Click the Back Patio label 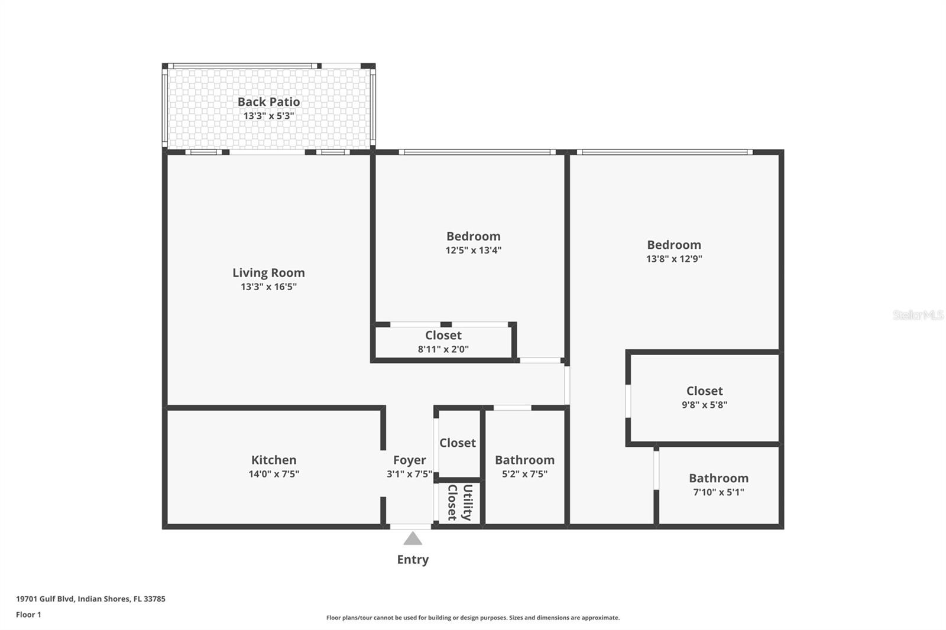pyautogui.click(x=268, y=102)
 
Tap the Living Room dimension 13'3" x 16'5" pyautogui.click(x=268, y=287)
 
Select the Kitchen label pyautogui.click(x=274, y=460)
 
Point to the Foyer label pyautogui.click(x=409, y=460)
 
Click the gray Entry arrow pyautogui.click(x=413, y=538)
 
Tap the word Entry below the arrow pyautogui.click(x=413, y=559)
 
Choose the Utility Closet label pyautogui.click(x=459, y=502)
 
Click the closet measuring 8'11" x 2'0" pyautogui.click(x=443, y=342)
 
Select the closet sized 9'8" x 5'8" pyautogui.click(x=704, y=397)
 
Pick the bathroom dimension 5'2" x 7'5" pyautogui.click(x=524, y=474)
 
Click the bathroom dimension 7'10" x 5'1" pyautogui.click(x=718, y=492)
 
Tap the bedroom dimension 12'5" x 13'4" pyautogui.click(x=473, y=250)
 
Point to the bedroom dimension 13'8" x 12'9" pyautogui.click(x=674, y=258)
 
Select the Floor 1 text pyautogui.click(x=28, y=615)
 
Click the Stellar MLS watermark pyautogui.click(x=918, y=315)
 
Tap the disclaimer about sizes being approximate pyautogui.click(x=473, y=618)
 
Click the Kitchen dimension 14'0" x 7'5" pyautogui.click(x=274, y=474)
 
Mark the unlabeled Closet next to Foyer pyautogui.click(x=458, y=443)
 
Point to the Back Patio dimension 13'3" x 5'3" pyautogui.click(x=268, y=116)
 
